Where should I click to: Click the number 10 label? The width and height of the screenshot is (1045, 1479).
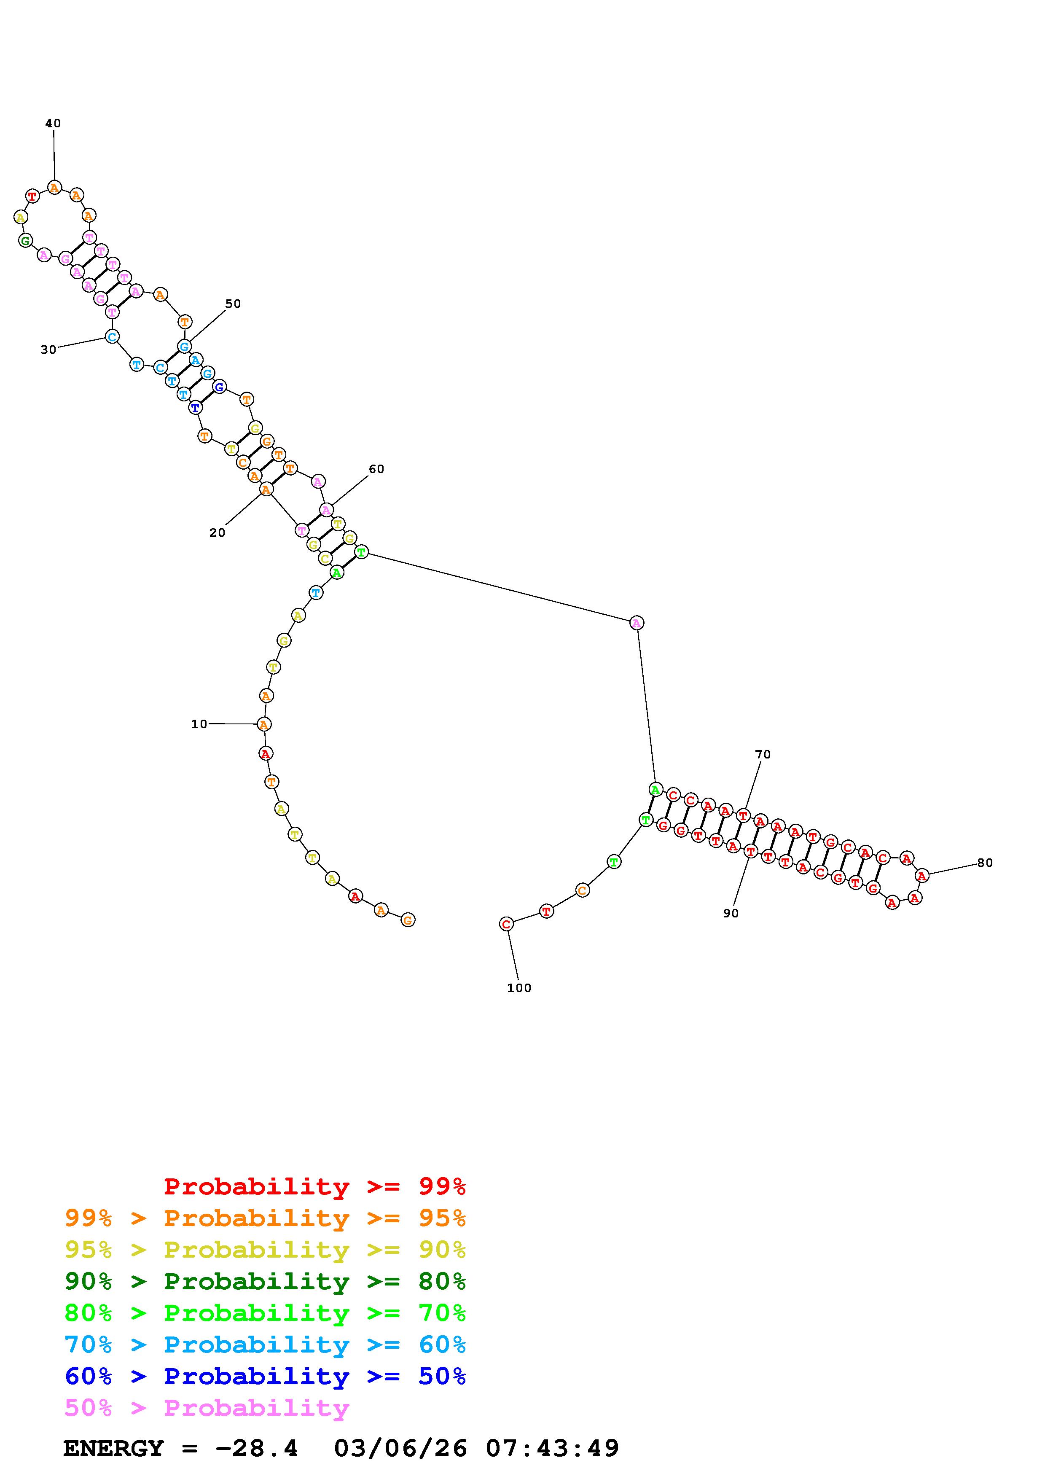coord(199,724)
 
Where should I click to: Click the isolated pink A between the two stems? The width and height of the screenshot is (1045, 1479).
coord(636,622)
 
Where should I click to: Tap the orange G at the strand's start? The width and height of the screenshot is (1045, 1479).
coord(408,920)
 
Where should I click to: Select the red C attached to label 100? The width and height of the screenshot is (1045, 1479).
coord(507,924)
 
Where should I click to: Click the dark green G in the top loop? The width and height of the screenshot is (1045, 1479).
coord(25,241)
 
